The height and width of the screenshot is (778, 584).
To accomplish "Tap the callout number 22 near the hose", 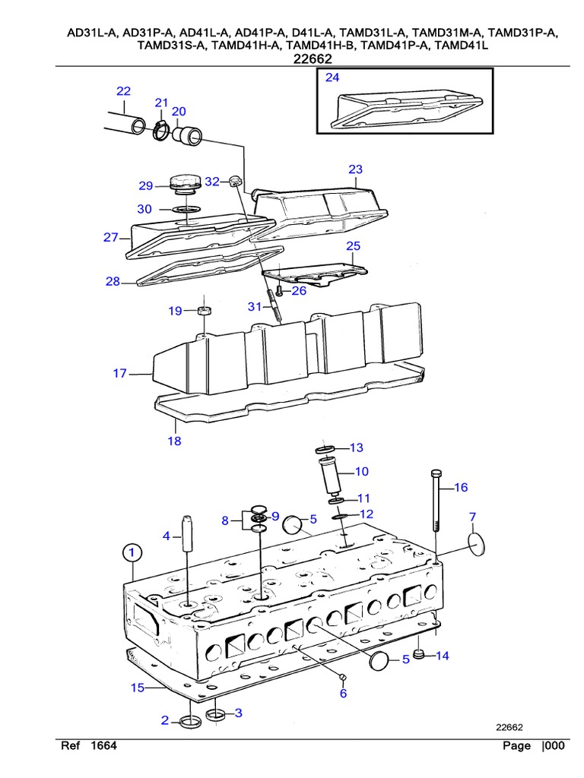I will click(x=123, y=91).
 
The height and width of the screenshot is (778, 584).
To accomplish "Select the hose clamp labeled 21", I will click(x=161, y=131).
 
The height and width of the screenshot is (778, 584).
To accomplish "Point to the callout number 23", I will click(x=356, y=169).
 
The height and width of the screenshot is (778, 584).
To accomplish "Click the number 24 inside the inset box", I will click(x=332, y=78).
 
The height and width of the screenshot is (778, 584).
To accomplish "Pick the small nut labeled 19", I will click(x=203, y=310).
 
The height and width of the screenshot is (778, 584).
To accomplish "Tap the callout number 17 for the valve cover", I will click(x=119, y=373).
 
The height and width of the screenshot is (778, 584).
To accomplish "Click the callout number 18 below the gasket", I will click(x=175, y=441).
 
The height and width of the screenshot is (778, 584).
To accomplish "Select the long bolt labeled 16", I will click(x=436, y=501).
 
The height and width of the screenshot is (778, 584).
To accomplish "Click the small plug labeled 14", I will click(x=418, y=654).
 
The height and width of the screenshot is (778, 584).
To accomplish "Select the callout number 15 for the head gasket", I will click(x=137, y=688).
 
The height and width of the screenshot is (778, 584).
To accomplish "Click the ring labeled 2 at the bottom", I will click(x=190, y=721).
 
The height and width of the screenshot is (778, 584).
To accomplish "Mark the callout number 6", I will click(x=343, y=693).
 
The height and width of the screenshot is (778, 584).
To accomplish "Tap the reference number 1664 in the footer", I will click(x=103, y=746).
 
